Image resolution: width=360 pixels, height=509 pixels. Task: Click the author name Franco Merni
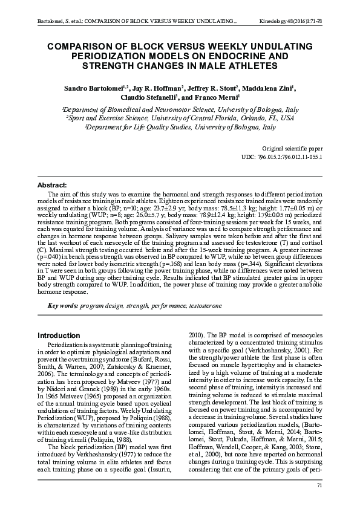click(x=218, y=97)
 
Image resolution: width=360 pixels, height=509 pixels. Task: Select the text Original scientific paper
click(x=292, y=148)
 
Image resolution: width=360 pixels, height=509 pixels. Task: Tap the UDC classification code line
click(x=283, y=157)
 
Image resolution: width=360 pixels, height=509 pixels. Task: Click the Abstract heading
click(x=52, y=184)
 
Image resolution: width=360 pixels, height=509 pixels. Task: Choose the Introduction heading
click(x=59, y=335)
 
